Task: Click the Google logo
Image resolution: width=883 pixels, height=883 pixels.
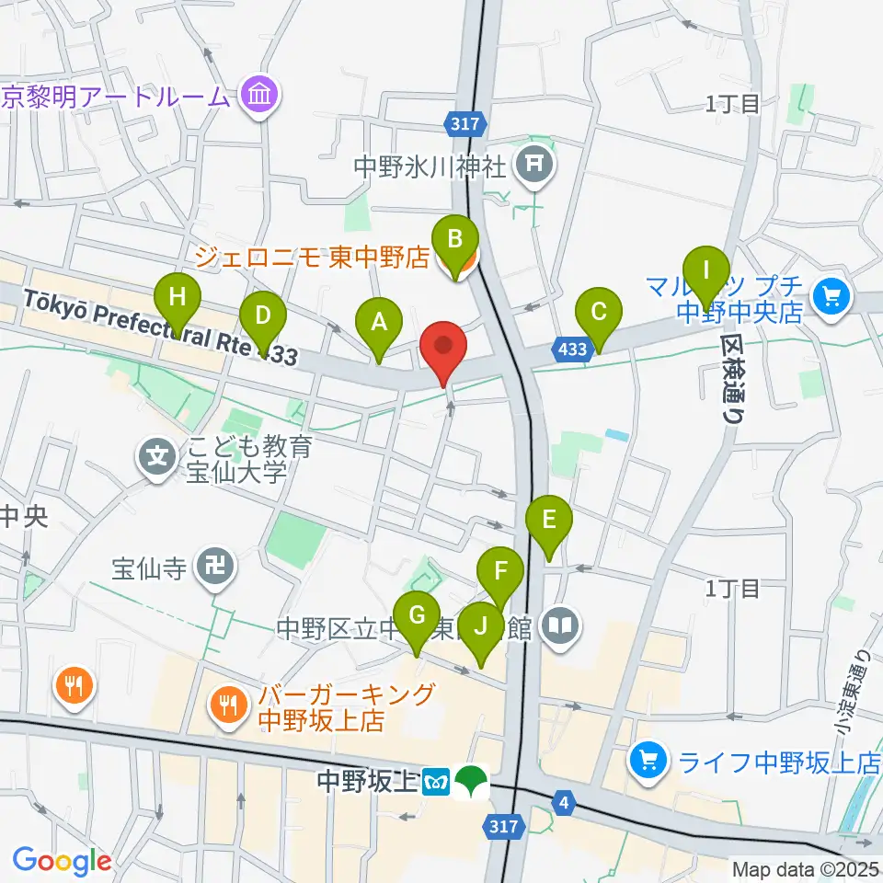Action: (x=62, y=861)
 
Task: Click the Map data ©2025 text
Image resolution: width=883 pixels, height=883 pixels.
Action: (x=805, y=868)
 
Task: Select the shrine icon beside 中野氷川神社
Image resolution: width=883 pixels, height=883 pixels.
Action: (x=533, y=166)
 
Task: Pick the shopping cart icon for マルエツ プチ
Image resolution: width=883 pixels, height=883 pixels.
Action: (x=833, y=297)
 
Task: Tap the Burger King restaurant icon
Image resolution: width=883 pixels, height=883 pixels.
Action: (x=227, y=706)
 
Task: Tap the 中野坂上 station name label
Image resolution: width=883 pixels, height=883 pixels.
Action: (x=367, y=782)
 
